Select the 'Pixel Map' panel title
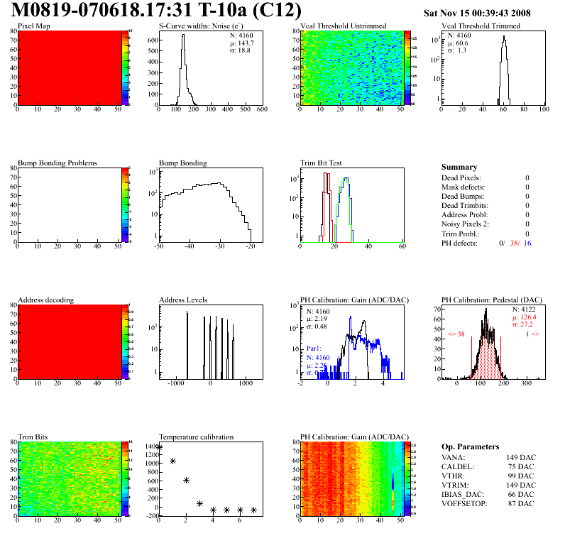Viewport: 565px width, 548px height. point(33,26)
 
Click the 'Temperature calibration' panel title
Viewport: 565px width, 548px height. point(196,437)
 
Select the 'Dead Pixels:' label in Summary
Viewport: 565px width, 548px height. point(461,177)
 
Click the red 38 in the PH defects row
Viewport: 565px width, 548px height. point(512,243)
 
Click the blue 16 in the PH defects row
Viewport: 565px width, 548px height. point(527,243)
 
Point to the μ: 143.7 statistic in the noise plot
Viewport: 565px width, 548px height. point(241,43)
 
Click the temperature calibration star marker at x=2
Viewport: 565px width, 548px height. point(186,481)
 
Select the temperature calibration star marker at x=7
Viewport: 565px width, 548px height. point(253,510)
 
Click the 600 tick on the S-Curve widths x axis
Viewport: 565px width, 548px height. point(261,110)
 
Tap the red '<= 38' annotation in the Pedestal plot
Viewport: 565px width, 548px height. point(456,334)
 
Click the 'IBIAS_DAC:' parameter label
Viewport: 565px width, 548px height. point(463,494)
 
